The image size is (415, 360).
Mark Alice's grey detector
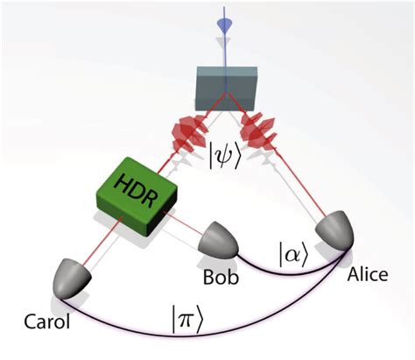pos(338,228)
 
